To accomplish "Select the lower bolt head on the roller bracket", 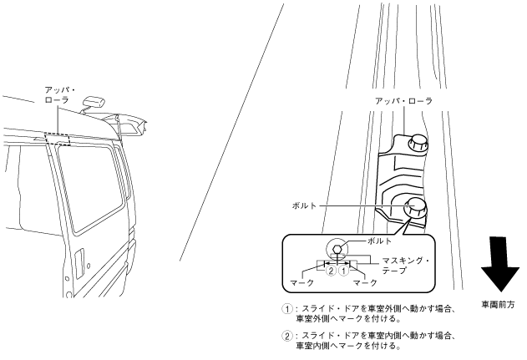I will tap(414, 207).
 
